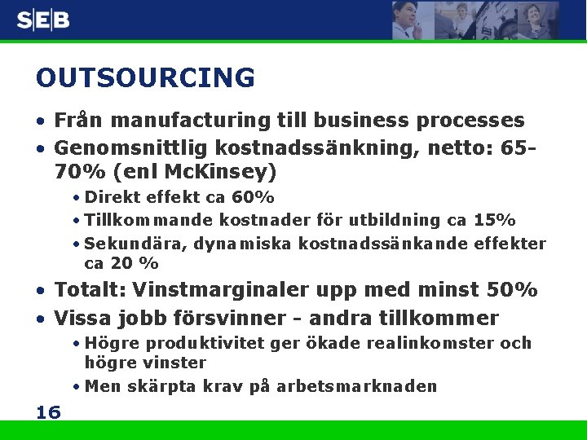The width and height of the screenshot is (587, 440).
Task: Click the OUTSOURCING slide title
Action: point(145,78)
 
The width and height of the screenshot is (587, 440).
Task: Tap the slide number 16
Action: point(48,412)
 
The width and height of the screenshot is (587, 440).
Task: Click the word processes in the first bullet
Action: point(470,121)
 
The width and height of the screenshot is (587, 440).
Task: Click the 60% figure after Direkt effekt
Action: point(253,198)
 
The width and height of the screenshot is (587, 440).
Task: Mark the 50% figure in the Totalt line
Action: point(511,290)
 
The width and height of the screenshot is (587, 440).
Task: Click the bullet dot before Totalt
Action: point(41,291)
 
